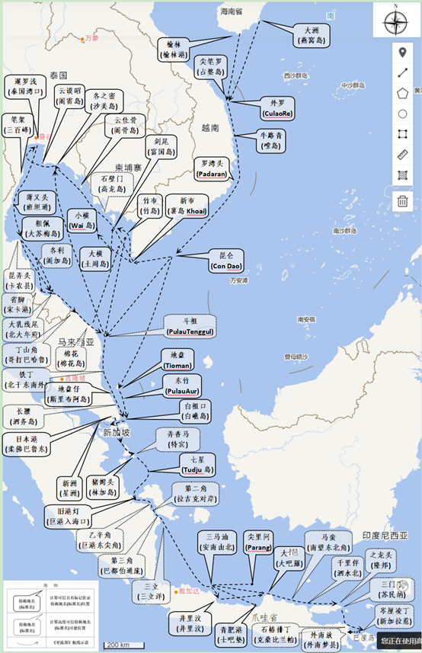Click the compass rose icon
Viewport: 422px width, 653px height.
click(x=395, y=21)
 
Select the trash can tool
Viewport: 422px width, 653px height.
click(x=403, y=202)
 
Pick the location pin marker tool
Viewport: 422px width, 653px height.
click(x=403, y=53)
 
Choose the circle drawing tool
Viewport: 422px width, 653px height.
click(x=403, y=114)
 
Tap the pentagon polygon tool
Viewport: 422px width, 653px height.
click(x=403, y=93)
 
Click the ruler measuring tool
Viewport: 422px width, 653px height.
click(x=403, y=155)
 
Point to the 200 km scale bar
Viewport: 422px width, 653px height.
click(x=118, y=645)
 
